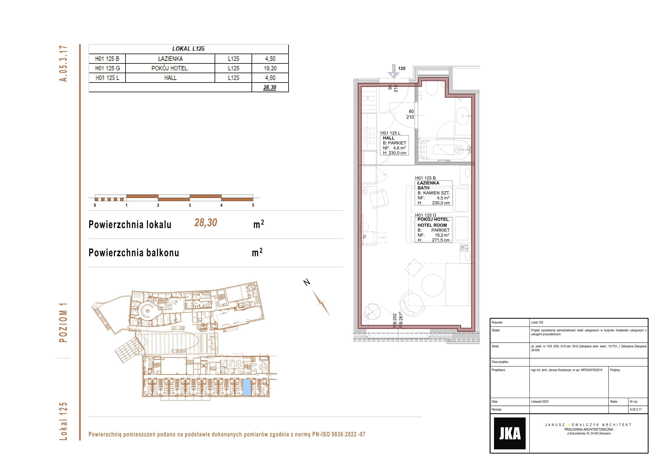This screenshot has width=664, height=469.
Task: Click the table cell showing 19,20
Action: (x=270, y=68)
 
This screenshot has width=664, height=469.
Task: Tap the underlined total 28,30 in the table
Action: (x=270, y=87)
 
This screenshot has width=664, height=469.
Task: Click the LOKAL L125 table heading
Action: (x=188, y=49)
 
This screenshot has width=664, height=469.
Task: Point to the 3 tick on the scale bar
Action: (x=190, y=205)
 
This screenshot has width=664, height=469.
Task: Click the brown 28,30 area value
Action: (x=206, y=223)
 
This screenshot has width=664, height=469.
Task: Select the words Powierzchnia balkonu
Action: (x=134, y=253)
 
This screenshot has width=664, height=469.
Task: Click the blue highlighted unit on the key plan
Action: (x=247, y=387)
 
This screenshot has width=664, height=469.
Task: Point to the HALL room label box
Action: (x=394, y=145)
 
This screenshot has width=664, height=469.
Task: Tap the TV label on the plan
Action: (x=365, y=237)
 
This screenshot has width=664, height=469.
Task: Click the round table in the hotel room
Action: (x=432, y=285)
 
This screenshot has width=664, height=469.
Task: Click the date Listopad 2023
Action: (x=540, y=401)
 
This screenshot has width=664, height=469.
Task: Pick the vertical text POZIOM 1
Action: (x=63, y=322)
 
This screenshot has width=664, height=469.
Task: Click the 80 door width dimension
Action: (x=411, y=111)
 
